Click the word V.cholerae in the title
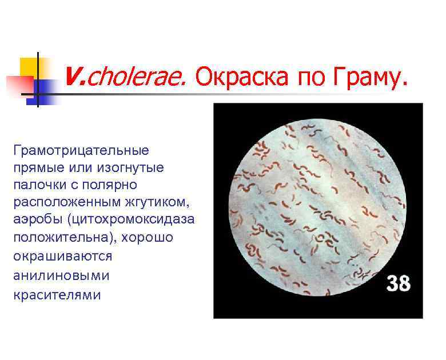click(125, 75)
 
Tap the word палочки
click(38, 186)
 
